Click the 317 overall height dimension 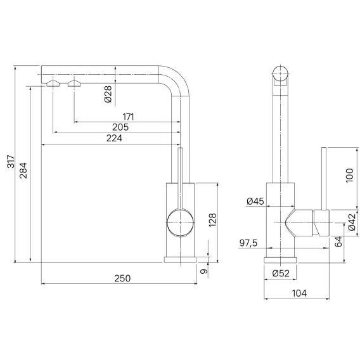[11, 162]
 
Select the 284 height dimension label [23, 170]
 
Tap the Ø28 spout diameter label [108, 94]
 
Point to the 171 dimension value [128, 117]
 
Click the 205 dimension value [120, 127]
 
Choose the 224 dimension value [114, 138]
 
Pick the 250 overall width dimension [122, 278]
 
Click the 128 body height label [212, 220]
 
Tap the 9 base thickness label [204, 271]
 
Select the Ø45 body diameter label [255, 202]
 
